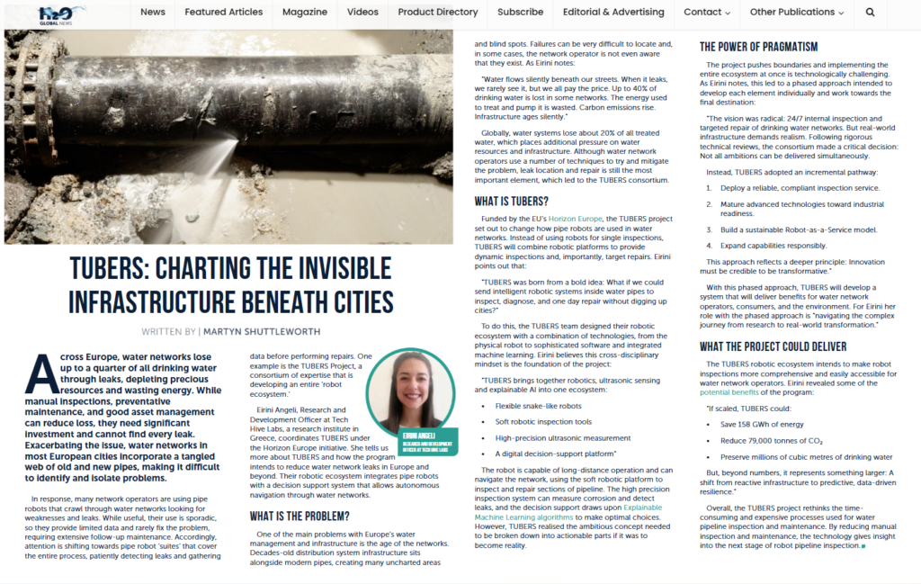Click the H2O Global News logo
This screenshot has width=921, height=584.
(62, 13)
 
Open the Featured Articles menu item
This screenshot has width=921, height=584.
(224, 13)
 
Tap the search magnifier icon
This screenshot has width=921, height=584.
(870, 13)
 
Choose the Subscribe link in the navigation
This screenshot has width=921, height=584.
(520, 13)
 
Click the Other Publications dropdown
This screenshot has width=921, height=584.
(797, 13)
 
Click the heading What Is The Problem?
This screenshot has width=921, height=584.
(300, 516)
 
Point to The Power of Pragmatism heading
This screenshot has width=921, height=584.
(758, 47)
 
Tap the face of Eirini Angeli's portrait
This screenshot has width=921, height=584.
(413, 388)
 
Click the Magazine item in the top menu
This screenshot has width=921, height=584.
(305, 13)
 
